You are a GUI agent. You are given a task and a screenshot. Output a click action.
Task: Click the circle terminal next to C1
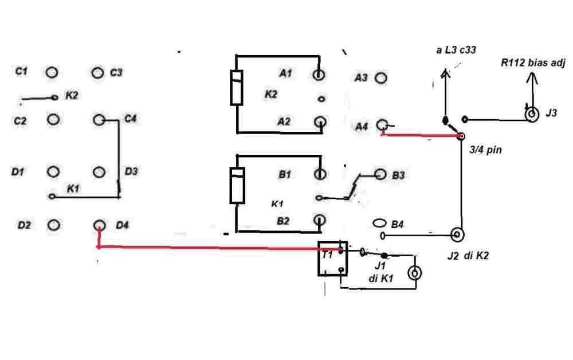click(52, 73)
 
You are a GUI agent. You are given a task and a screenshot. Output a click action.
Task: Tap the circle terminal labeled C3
click(98, 73)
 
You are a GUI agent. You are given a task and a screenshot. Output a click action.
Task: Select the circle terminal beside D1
click(53, 172)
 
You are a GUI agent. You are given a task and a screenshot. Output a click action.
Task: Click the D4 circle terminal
click(99, 225)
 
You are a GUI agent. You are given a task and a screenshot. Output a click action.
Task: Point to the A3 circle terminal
click(380, 77)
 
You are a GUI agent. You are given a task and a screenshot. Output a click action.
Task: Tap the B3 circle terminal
click(380, 174)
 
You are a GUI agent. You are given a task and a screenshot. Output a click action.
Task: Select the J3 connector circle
click(532, 115)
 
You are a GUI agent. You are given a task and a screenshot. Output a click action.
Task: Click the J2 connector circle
click(457, 234)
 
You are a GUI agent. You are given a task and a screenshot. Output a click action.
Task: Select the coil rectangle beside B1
click(237, 186)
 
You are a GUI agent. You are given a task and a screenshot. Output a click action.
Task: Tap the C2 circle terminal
click(53, 119)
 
